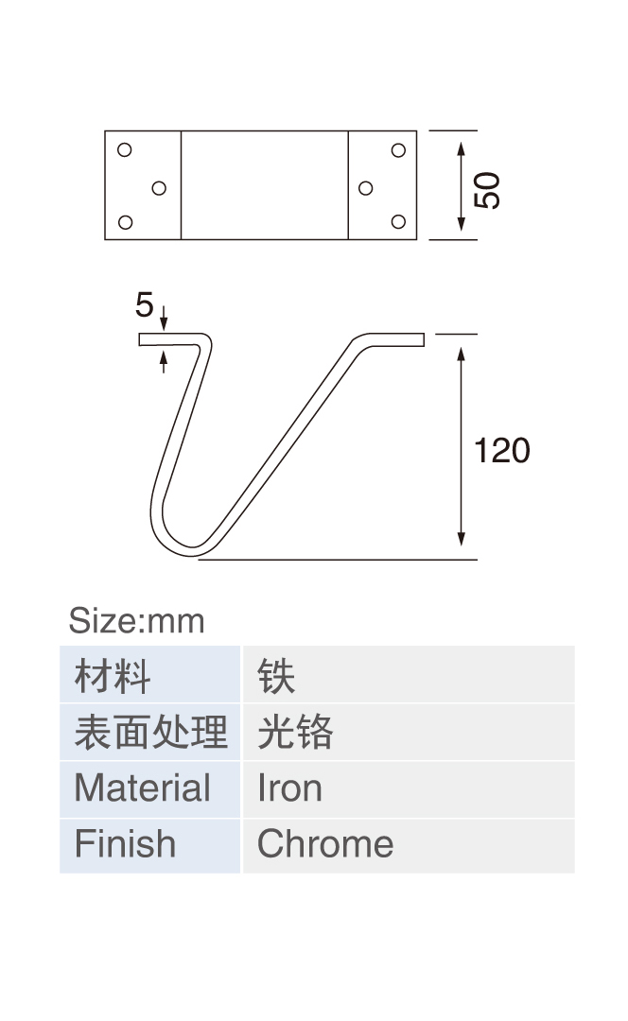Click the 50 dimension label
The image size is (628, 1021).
click(487, 191)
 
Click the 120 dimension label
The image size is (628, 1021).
click(502, 451)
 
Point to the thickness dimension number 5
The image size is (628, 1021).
click(145, 304)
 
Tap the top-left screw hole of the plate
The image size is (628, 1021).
click(125, 150)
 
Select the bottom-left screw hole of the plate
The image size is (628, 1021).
click(126, 223)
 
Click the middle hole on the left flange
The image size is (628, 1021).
click(159, 188)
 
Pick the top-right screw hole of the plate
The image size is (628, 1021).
click(399, 150)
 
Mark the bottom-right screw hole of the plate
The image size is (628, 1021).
click(399, 222)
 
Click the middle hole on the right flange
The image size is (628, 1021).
click(366, 188)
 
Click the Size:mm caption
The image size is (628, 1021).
click(137, 620)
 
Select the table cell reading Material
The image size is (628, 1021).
click(149, 788)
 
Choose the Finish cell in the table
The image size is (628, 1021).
click(149, 845)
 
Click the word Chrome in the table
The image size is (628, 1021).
click(325, 844)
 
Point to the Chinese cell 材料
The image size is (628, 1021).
click(149, 674)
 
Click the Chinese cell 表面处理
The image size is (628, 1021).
click(149, 732)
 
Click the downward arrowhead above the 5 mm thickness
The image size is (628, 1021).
click(164, 323)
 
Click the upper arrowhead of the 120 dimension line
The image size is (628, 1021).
click(462, 355)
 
